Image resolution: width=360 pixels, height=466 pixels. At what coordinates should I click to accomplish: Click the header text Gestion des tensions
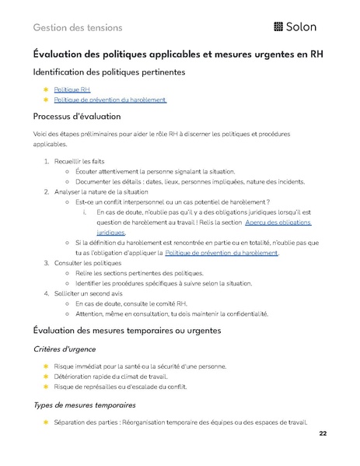(x=78, y=27)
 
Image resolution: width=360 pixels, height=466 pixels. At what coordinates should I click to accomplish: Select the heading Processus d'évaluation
(x=77, y=117)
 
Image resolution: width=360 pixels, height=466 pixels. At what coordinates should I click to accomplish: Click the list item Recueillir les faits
(x=82, y=161)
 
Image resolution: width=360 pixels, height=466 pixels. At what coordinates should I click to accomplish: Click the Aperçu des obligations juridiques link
(x=278, y=222)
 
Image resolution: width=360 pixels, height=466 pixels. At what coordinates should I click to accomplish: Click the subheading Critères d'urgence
(x=65, y=349)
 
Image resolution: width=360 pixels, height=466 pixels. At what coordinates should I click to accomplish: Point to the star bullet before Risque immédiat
(x=46, y=366)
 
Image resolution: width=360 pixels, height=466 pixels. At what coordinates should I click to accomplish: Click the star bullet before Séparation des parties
(x=46, y=422)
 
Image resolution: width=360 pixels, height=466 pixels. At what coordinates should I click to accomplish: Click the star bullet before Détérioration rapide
(x=46, y=376)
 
